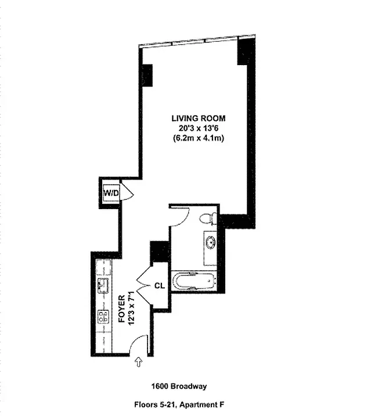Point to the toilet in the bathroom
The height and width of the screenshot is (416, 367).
[207, 220]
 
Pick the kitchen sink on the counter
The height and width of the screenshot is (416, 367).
[105, 285]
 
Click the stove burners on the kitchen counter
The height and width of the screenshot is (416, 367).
[104, 317]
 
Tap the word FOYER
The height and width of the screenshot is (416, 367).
[123, 311]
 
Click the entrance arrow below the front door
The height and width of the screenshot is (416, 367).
[138, 363]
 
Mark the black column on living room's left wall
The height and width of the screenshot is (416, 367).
[147, 74]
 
